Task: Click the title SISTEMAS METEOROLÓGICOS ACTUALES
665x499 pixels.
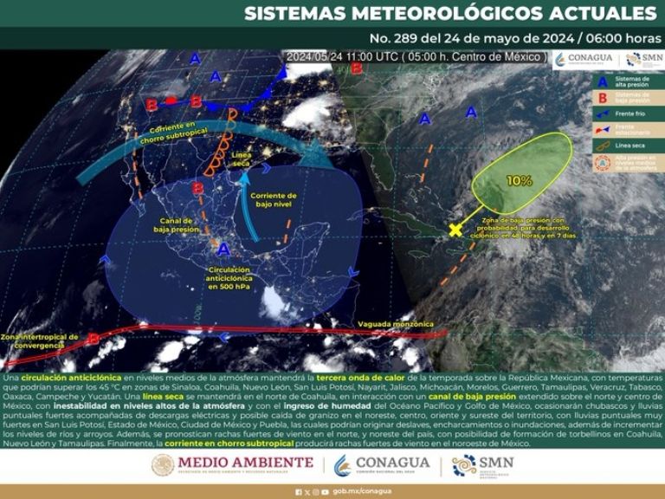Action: coord(450,14)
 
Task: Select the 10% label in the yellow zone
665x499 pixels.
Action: coord(520,181)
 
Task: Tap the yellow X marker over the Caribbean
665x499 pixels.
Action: coord(455,230)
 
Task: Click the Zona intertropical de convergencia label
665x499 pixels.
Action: coord(40,340)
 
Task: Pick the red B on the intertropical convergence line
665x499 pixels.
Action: coord(94,338)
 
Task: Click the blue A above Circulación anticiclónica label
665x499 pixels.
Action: coord(223,249)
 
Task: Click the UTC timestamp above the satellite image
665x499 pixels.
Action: coord(416,56)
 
